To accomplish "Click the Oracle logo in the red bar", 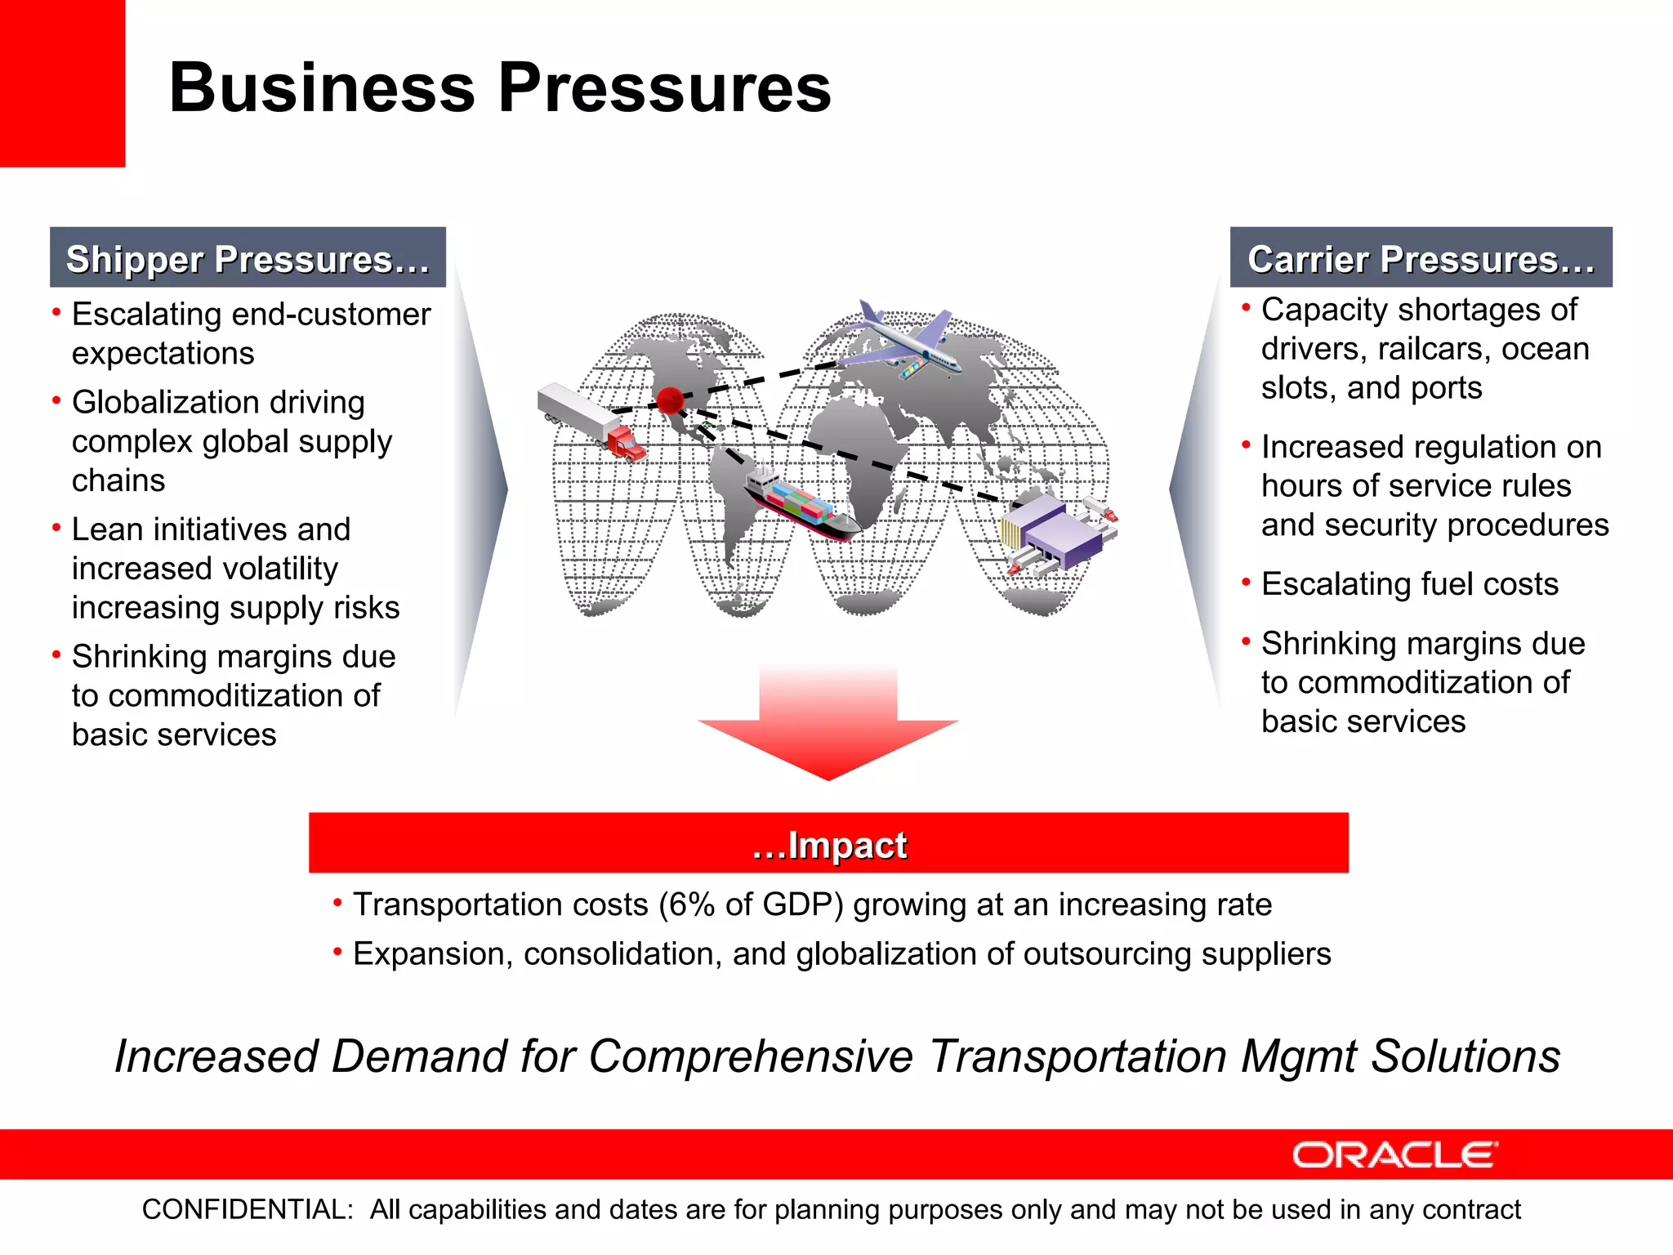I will pyautogui.click(x=1394, y=1155).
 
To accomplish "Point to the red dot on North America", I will pyautogui.click(x=670, y=400).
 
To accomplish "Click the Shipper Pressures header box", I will pyautogui.click(x=248, y=258).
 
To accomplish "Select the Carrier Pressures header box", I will pyautogui.click(x=1421, y=258).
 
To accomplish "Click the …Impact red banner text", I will pyautogui.click(x=828, y=845).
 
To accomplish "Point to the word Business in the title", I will pyautogui.click(x=322, y=87).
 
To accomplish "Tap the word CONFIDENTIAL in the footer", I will pyautogui.click(x=247, y=1209).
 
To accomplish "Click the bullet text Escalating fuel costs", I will pyautogui.click(x=1409, y=584).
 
